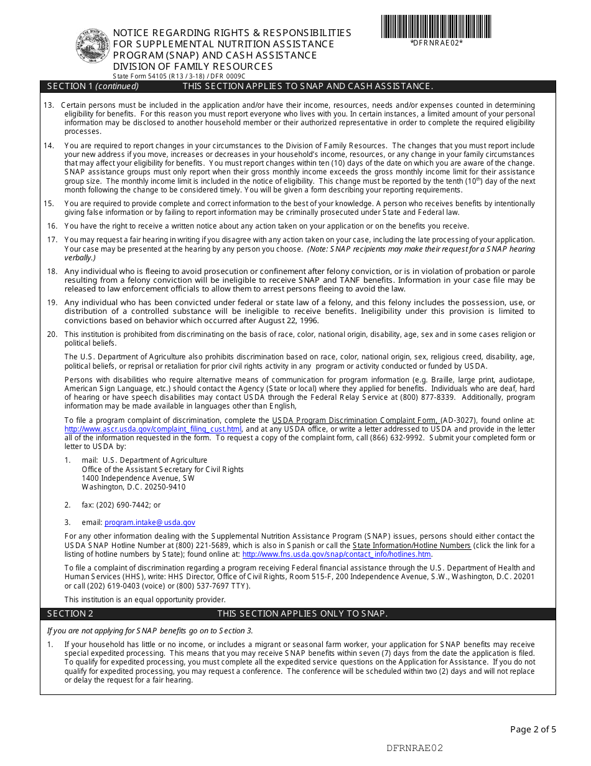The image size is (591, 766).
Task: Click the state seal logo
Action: coord(93,47)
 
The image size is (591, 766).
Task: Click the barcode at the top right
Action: coord(436,27)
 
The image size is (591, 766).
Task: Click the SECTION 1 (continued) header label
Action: coord(93,87)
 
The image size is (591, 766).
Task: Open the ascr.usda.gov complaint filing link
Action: coord(153,429)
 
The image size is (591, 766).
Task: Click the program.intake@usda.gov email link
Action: coord(150,523)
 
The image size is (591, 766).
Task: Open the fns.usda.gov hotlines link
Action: coord(337,554)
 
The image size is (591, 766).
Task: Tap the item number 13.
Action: coord(49,105)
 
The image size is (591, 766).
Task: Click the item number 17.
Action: coord(52,240)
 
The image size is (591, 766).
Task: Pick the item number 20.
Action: coord(52,334)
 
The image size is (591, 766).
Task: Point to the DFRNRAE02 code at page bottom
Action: coord(414,748)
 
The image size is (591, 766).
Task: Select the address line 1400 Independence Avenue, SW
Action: coord(138,478)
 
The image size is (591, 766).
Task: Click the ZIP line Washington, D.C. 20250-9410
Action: coord(133,487)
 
